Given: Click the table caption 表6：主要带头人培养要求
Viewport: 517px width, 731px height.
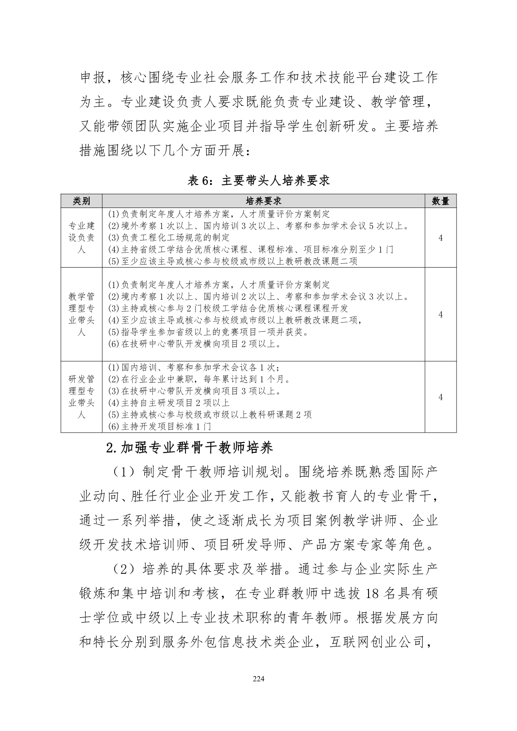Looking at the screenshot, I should (258, 180).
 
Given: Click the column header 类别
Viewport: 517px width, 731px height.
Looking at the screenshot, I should (81, 201).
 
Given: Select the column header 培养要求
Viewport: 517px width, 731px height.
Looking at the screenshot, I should (263, 201).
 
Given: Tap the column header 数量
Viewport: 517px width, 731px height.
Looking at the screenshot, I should (440, 201).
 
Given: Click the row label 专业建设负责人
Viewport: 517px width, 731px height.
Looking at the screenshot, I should (81, 238).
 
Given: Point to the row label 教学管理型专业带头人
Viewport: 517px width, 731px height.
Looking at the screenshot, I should (81, 314).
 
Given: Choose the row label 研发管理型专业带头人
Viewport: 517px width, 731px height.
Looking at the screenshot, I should (81, 397).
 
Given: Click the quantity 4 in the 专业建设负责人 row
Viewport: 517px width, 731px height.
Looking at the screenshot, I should (440, 238).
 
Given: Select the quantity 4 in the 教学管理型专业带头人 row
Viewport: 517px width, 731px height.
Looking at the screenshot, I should (440, 314).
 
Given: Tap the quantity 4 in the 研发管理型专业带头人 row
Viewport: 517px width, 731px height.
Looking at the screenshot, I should (440, 397).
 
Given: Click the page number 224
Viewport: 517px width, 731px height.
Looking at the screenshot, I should (258, 678).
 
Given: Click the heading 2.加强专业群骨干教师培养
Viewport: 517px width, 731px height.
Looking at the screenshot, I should (190, 448).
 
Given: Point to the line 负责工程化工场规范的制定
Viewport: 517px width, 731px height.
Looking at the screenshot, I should (169, 238).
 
